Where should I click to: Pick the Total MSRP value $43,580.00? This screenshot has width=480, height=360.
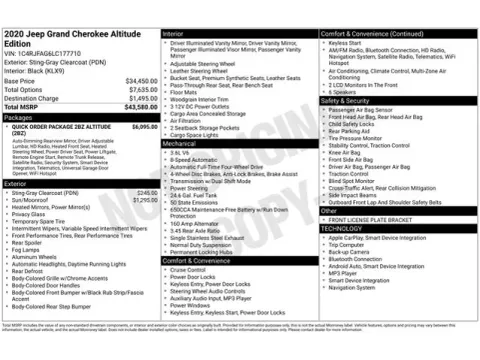139,108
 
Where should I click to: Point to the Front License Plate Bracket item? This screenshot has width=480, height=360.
371,219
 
